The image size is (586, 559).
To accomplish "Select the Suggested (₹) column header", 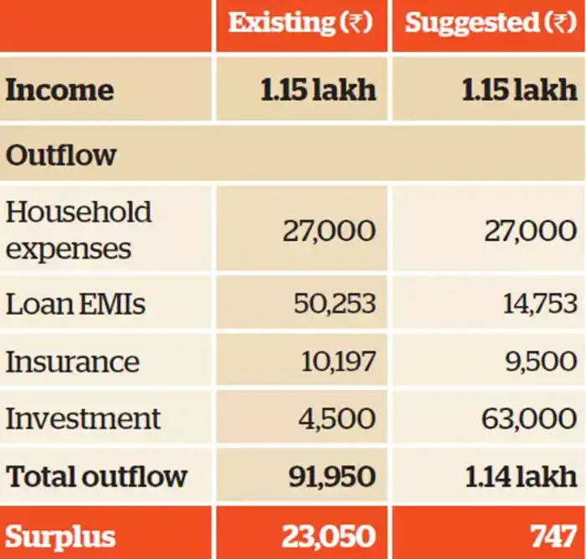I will coord(491,23).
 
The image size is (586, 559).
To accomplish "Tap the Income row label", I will coord(59,90).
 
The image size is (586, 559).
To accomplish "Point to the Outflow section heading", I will coord(61,156).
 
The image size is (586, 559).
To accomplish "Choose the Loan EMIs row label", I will coord(75,305).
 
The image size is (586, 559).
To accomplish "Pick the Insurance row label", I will coord(73,362).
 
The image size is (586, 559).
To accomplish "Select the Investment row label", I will coord(83,418).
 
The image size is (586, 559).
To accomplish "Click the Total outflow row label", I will coord(97,476).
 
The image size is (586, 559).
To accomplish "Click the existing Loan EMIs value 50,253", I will coord(335,305).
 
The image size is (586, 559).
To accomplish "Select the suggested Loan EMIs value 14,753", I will coord(540,305).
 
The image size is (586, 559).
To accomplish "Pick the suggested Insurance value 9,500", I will coord(544,362).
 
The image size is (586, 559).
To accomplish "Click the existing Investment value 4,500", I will coord(338,418).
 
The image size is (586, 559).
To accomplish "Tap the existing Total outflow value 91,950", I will coord(332,476).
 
